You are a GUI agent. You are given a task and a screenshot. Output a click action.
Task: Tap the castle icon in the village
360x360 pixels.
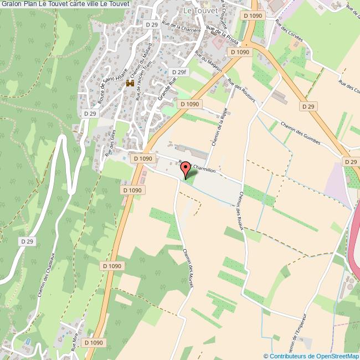pyautogui.click(x=131, y=83)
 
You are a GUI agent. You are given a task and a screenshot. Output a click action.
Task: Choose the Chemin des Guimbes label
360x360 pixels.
pyautogui.click(x=300, y=133)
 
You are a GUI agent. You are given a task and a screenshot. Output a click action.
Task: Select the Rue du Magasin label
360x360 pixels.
pyautogui.click(x=209, y=61)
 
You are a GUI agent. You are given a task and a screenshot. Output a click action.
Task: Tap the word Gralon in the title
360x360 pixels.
pyautogui.click(x=11, y=4)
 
